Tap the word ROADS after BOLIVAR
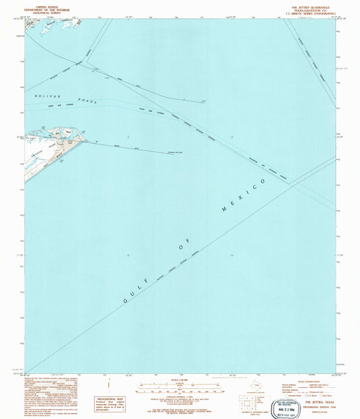tap(87, 101)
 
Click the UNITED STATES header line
tap(39, 3)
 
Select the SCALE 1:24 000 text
tap(179, 382)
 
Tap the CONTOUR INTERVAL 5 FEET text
tap(179, 399)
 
